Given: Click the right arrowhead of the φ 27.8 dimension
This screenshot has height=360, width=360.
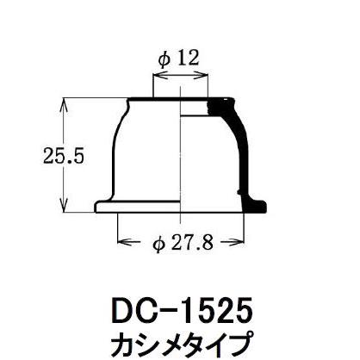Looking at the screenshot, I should (x=238, y=245).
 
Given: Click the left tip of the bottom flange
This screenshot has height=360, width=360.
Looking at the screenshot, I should (x=94, y=208).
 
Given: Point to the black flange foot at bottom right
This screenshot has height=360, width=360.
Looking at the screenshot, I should (x=257, y=204).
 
